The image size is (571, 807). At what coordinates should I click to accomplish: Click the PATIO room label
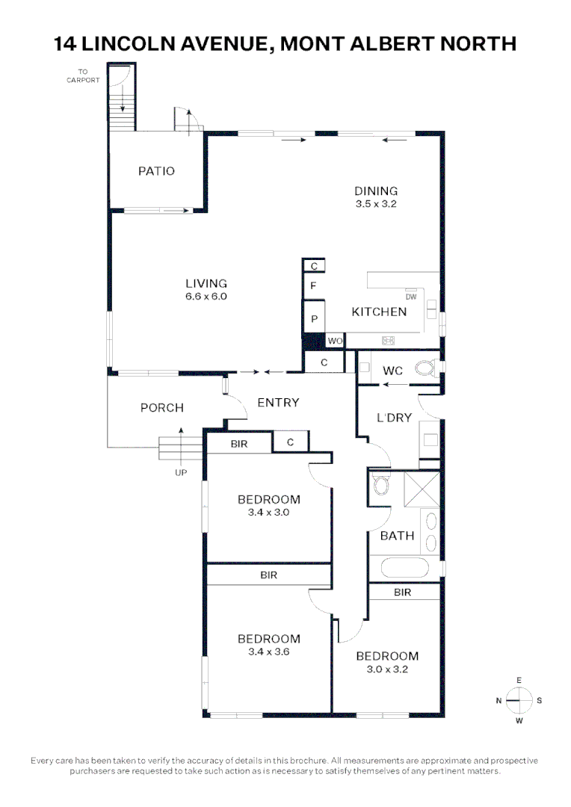(x=157, y=171)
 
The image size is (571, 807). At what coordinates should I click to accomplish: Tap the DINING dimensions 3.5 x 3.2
(x=376, y=203)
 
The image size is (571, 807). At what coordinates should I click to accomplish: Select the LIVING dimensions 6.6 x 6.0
(x=206, y=296)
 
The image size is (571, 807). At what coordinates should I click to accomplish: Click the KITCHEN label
(x=379, y=312)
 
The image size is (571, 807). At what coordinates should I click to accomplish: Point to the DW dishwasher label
(x=410, y=297)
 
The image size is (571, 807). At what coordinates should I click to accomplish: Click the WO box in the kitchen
(x=335, y=341)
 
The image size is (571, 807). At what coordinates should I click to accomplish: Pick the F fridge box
(x=314, y=286)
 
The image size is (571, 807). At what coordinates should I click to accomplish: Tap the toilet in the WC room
(x=425, y=368)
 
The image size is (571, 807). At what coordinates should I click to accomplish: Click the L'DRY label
(x=394, y=418)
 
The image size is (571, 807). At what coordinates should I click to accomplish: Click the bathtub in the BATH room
(x=408, y=567)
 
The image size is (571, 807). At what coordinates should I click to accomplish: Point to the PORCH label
(x=162, y=408)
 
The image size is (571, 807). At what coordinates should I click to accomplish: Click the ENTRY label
(x=278, y=403)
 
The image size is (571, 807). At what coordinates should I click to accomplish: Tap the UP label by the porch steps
(x=181, y=472)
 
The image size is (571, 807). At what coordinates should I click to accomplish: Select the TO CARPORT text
(x=82, y=76)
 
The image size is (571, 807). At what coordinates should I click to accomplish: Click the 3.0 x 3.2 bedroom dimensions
(x=387, y=670)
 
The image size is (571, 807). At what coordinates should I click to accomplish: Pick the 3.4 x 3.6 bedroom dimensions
(x=269, y=652)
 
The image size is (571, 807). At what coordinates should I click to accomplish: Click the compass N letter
(x=499, y=700)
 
